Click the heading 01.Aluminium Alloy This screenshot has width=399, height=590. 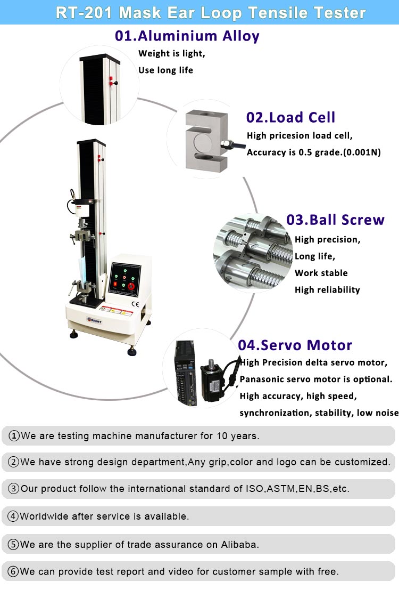(x=187, y=36)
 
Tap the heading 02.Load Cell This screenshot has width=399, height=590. (x=290, y=117)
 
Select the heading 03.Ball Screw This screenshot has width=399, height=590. (x=335, y=220)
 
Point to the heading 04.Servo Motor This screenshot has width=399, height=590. (x=295, y=345)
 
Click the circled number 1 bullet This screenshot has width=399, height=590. (x=14, y=436)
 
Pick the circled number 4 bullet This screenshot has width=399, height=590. (x=14, y=516)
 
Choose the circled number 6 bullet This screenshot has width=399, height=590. (x=14, y=572)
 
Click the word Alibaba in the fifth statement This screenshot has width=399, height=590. (x=240, y=544)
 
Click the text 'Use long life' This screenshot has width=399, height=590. (x=165, y=70)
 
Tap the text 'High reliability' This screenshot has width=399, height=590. (x=327, y=290)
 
